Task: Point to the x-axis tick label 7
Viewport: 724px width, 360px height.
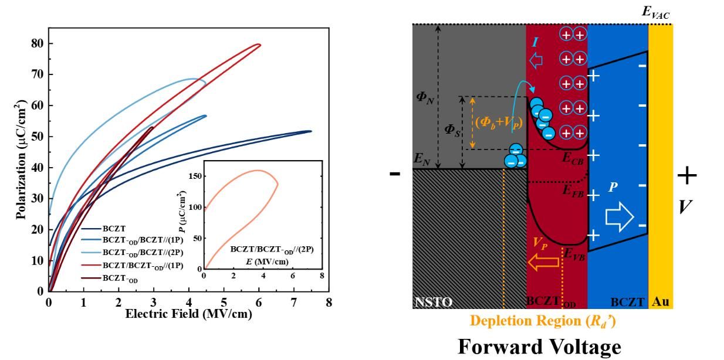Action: coord(294,303)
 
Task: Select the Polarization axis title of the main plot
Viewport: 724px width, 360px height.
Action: coord(22,158)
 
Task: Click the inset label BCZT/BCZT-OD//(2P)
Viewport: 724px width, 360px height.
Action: coord(272,249)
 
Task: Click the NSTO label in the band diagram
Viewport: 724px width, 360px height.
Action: coord(434,302)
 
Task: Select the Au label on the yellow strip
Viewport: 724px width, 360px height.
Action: coord(661,303)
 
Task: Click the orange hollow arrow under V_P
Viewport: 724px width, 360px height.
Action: coord(544,263)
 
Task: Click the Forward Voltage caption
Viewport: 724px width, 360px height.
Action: coord(539,347)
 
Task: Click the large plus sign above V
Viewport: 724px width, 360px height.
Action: coord(688,175)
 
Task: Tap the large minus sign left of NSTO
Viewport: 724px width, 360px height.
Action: coord(395,174)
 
